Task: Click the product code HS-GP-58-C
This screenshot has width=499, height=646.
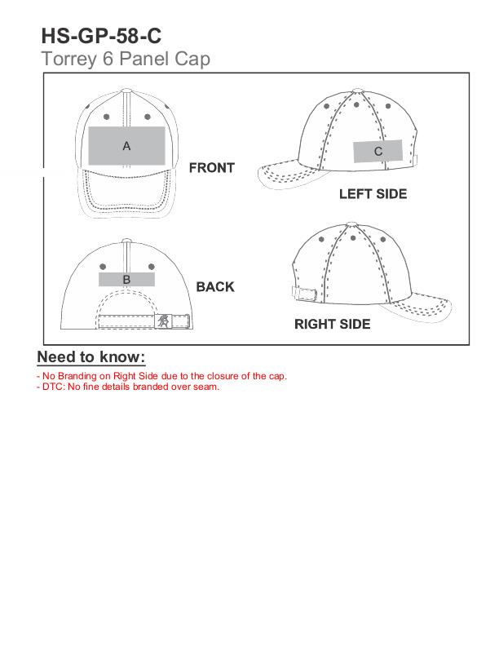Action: pyautogui.click(x=101, y=36)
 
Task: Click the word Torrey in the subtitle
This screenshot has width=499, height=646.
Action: pyautogui.click(x=69, y=60)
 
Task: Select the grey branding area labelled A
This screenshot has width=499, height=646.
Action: pyautogui.click(x=127, y=146)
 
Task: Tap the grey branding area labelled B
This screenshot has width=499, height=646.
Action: pyautogui.click(x=127, y=279)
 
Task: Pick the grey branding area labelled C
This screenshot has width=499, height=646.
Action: pyautogui.click(x=378, y=151)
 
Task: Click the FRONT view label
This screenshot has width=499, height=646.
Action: pyautogui.click(x=212, y=168)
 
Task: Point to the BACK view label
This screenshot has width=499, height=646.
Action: pyautogui.click(x=215, y=287)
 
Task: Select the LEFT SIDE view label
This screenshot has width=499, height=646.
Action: pyautogui.click(x=373, y=194)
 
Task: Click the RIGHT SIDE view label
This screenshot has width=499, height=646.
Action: pyautogui.click(x=332, y=325)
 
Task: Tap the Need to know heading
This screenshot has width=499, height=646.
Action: pyautogui.click(x=91, y=356)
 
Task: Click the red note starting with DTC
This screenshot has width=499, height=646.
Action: pyautogui.click(x=128, y=387)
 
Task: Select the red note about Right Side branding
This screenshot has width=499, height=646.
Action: pyautogui.click(x=161, y=376)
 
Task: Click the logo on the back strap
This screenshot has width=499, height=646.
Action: pyautogui.click(x=163, y=321)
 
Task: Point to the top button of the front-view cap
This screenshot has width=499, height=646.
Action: pyautogui.click(x=127, y=91)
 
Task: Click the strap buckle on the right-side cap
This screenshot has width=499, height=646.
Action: pyautogui.click(x=304, y=293)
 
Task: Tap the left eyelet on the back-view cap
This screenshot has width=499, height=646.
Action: pyautogui.click(x=103, y=267)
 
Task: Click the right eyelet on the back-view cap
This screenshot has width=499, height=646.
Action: pyautogui.click(x=152, y=267)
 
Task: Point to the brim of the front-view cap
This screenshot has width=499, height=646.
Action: pyautogui.click(x=127, y=192)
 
